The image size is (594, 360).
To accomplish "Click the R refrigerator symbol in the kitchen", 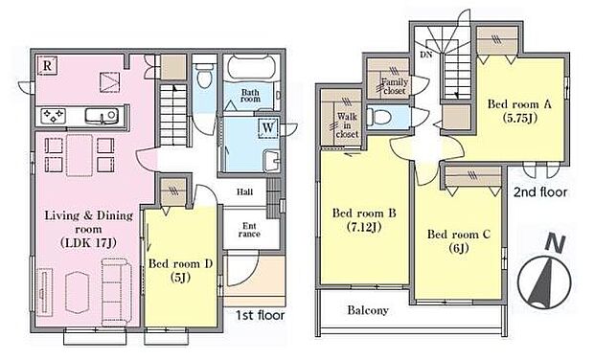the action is click(47, 65).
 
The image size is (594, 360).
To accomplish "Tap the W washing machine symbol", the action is click(268, 127).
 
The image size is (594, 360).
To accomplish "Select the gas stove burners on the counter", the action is click(53, 115).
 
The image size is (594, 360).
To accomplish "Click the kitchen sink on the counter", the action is click(101, 116).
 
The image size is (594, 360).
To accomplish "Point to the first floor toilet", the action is click(205, 75).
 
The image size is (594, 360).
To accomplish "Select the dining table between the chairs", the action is click(80, 155).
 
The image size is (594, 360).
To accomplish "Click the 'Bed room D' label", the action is click(180, 263).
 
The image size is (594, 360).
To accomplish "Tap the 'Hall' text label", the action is click(244, 191).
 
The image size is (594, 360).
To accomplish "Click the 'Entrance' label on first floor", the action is click(249, 230).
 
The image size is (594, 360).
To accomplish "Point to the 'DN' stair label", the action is click(426, 55).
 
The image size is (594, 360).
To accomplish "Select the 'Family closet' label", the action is click(395, 86).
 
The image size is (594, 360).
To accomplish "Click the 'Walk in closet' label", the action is click(347, 125).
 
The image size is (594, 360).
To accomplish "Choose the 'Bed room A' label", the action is click(519, 104).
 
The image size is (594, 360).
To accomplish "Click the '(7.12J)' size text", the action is click(364, 227).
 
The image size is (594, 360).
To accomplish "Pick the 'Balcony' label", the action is click(368, 310).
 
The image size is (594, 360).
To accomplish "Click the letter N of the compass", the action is click(555, 244).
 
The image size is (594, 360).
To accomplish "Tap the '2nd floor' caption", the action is click(540, 192).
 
